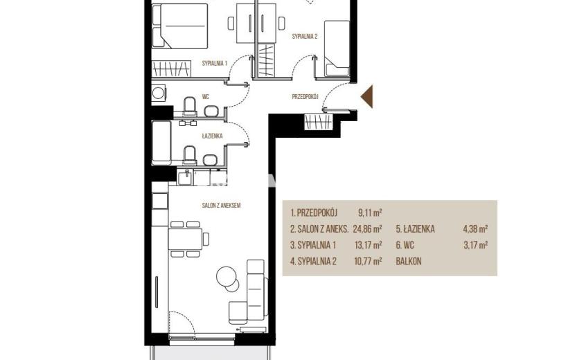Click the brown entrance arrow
point(368,96)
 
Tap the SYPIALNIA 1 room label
point(215,64)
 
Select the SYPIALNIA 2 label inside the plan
point(305,36)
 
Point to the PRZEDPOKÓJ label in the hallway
point(305,97)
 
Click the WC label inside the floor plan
point(205,97)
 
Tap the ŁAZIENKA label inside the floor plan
point(212,136)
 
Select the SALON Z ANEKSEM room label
point(221,206)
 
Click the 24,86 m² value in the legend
point(367,229)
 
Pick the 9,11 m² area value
point(371,213)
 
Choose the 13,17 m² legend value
point(368,245)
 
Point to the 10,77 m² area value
point(368,261)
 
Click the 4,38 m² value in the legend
point(476,229)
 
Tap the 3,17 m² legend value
point(476,245)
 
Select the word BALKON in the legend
point(409,262)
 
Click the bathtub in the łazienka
point(161,143)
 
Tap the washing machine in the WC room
point(159,93)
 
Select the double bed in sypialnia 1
point(179,26)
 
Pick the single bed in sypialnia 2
point(336,48)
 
